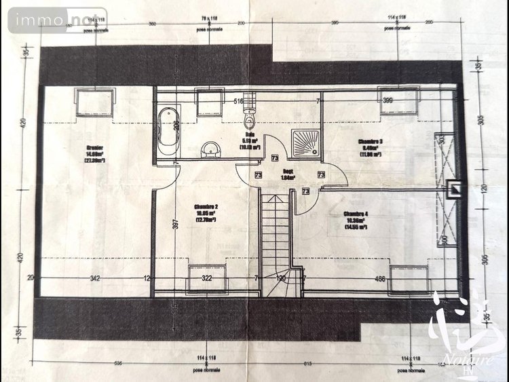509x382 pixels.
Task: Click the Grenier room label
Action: [x=94, y=153]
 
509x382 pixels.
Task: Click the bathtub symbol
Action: [x=168, y=130]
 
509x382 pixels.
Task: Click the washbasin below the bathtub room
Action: [x=211, y=148]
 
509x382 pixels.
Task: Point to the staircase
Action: [x=276, y=244]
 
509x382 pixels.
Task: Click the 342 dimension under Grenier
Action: [x=95, y=278]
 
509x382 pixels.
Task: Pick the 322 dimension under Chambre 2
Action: [x=207, y=278]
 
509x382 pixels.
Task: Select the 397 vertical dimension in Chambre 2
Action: [x=174, y=224]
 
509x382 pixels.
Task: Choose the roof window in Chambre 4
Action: [x=409, y=278]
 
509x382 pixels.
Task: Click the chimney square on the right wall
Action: [x=455, y=189]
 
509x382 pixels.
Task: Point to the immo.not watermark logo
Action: [x=58, y=20]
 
